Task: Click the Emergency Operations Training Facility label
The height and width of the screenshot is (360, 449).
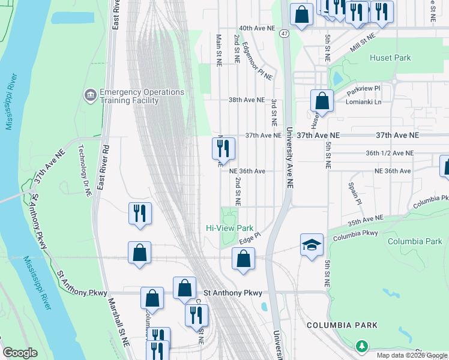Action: point(142,96)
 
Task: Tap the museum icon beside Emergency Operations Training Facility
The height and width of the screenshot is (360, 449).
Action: point(91,95)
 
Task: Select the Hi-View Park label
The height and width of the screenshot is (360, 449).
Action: point(229,228)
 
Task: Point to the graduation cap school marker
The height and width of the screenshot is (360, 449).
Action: point(312,245)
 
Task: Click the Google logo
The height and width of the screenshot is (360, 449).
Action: point(20,353)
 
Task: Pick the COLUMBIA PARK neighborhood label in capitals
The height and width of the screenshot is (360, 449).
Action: point(342,325)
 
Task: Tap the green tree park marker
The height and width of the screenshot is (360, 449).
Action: point(361,346)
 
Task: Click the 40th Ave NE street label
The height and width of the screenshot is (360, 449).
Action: point(256,28)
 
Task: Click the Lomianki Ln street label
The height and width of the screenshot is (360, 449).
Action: point(364,101)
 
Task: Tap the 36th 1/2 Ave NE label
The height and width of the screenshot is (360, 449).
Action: point(390,153)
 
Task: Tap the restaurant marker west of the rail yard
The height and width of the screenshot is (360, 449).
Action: point(140,214)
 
